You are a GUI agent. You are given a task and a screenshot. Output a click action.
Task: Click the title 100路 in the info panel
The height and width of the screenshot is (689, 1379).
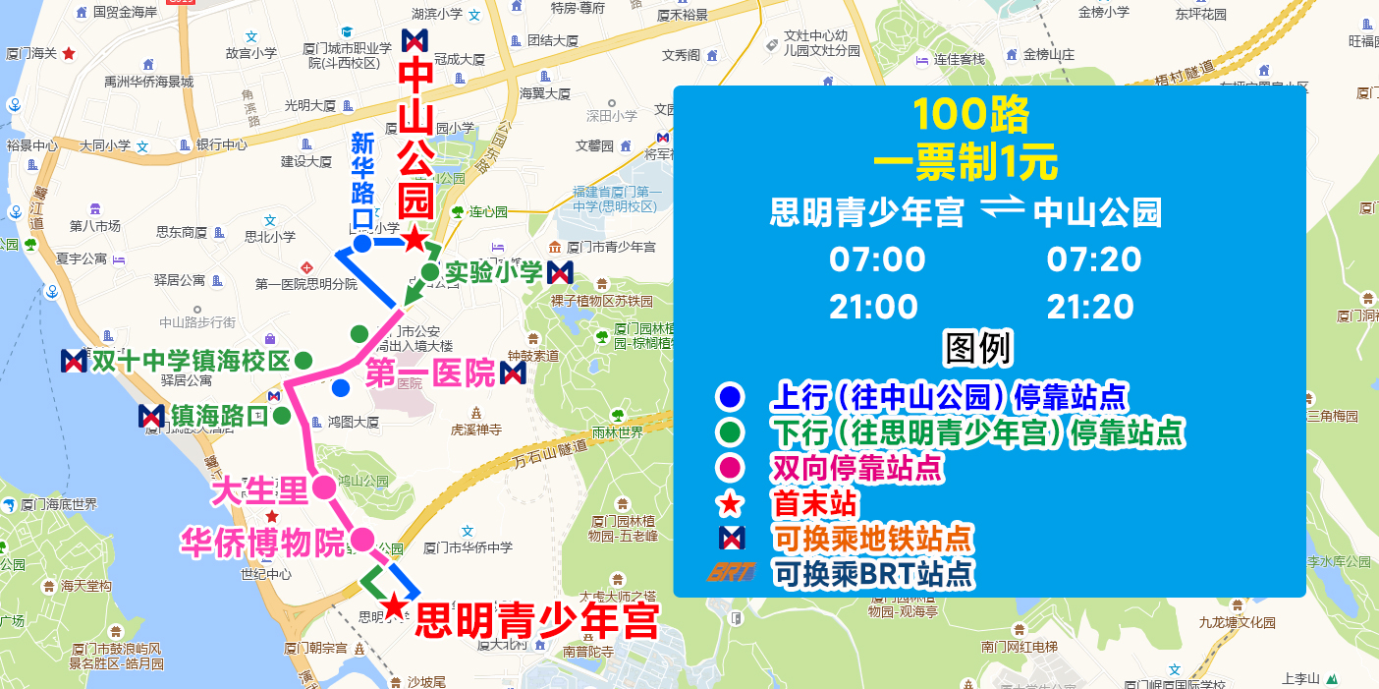[970, 116]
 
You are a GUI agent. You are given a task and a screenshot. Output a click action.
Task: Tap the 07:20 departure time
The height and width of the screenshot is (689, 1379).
[1094, 260]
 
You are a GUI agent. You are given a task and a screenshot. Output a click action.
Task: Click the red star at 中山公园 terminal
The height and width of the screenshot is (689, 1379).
[415, 239]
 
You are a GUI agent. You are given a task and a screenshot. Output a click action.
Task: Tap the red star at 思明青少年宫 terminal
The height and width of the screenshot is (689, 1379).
[394, 606]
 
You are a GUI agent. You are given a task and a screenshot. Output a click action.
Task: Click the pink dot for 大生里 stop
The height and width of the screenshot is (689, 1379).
[323, 487]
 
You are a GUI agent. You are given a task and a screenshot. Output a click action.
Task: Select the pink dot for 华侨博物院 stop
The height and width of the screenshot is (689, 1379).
[362, 539]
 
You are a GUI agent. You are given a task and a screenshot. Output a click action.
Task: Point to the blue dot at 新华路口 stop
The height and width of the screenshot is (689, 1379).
[361, 243]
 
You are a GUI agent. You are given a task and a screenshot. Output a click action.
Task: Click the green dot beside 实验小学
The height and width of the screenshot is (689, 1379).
[430, 271]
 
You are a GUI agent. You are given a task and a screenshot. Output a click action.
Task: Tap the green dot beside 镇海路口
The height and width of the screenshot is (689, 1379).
[282, 416]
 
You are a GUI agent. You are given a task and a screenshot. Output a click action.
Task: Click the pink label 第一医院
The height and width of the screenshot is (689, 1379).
[430, 373]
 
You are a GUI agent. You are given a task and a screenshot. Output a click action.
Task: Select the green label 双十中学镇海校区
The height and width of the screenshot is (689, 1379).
[191, 361]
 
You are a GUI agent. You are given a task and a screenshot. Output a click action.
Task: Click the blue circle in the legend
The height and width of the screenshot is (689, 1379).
[730, 397]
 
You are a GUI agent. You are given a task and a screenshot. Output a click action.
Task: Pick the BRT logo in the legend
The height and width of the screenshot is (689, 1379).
[731, 572]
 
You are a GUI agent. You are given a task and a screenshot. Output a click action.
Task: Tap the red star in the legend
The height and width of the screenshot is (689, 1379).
[730, 504]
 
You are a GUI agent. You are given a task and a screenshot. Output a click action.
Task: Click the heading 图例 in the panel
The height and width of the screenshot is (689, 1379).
[978, 349]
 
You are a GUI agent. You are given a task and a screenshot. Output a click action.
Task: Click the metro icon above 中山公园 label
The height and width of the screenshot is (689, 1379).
[414, 41]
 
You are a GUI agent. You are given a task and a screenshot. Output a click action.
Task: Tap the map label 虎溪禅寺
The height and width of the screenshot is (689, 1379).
[476, 430]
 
